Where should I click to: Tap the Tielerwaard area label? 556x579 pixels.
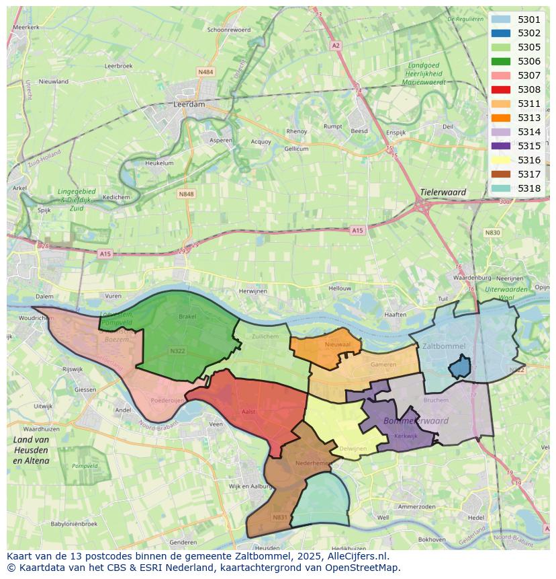(443, 192)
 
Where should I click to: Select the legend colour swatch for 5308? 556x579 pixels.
(500, 89)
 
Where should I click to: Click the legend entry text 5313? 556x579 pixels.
(528, 118)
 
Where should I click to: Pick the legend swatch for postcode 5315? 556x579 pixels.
(500, 146)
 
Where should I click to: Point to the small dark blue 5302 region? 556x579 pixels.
(459, 367)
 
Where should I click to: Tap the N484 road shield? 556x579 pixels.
(205, 71)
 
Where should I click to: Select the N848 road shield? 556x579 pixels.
(186, 194)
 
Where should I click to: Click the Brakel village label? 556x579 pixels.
(187, 316)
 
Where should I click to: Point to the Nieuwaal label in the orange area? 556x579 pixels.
(337, 344)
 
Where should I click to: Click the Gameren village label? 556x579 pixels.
(383, 364)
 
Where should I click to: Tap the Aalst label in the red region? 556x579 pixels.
(248, 412)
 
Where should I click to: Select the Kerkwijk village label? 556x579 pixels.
(406, 436)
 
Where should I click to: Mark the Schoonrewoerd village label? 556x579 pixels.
(228, 30)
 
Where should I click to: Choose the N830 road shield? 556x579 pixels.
(492, 233)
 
